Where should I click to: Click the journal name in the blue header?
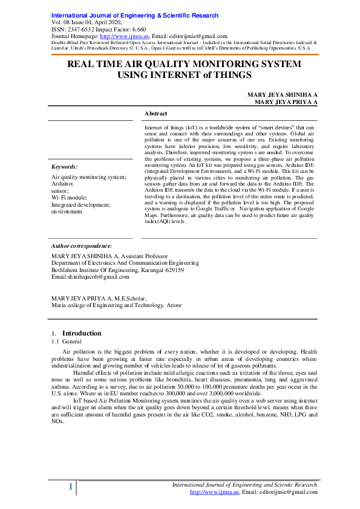135,15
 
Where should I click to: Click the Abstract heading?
155,113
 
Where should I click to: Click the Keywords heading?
64,166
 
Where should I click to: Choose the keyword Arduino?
63,183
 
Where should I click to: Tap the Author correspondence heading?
82,246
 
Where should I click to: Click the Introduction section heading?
82,333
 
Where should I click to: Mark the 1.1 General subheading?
67,342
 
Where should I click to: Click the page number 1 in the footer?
71,487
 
